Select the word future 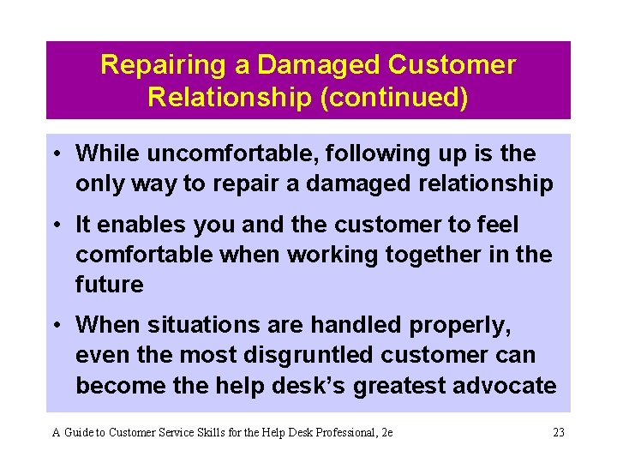[110, 284]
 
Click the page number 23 [559, 433]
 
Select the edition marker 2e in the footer [386, 433]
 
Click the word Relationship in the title [229, 97]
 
